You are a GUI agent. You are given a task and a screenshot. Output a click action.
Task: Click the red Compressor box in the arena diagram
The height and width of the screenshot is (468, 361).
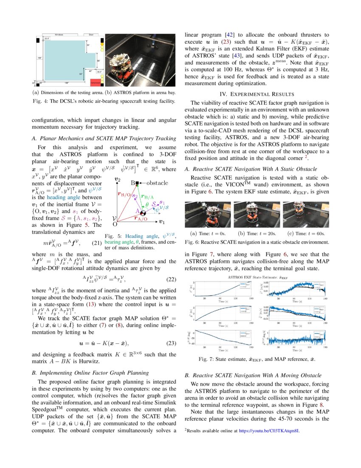click(96, 84)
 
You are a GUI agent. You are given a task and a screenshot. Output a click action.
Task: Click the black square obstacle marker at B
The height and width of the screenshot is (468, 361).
click(137, 183)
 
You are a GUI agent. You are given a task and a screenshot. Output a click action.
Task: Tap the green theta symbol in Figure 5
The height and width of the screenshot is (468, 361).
click(147, 204)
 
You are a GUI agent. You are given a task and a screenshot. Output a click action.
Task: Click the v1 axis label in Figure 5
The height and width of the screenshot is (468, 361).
click(162, 222)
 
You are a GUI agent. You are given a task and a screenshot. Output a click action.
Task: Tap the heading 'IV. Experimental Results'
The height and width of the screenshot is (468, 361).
click(254, 94)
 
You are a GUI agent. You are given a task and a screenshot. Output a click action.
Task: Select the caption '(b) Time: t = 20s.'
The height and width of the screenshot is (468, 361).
click(254, 233)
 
